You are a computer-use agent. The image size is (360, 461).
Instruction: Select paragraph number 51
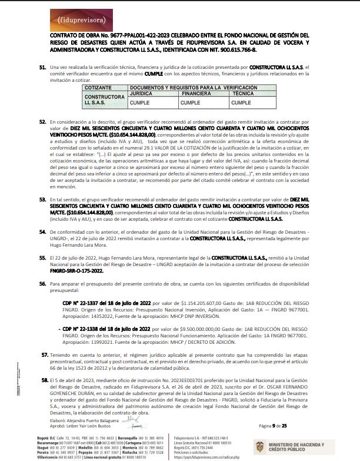tap(43, 68)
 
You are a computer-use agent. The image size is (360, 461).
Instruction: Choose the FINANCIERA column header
tap(196, 93)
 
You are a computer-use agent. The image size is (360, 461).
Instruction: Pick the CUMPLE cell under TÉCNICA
tap(241, 102)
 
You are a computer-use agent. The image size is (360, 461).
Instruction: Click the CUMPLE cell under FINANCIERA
tap(190, 102)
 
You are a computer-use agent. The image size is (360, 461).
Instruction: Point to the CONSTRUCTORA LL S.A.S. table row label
tap(103, 99)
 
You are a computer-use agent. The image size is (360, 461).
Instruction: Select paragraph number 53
tap(43, 200)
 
